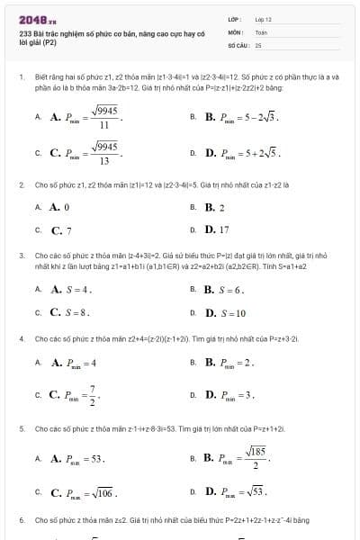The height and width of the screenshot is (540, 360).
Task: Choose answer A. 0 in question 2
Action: (x=59, y=207)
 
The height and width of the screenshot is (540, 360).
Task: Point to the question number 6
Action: (x=21, y=520)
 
